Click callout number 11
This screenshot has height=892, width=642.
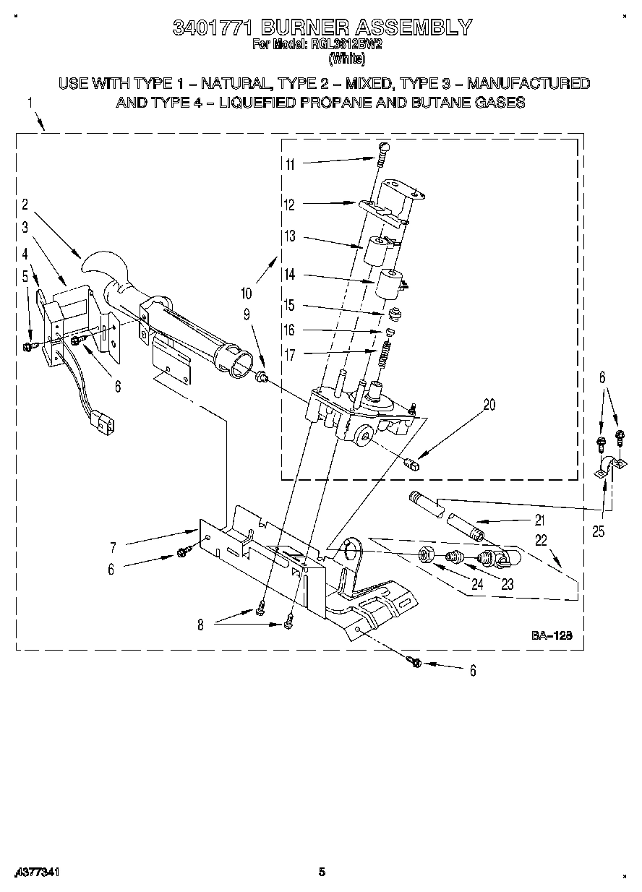[x=289, y=164]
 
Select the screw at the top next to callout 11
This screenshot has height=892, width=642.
[x=383, y=149]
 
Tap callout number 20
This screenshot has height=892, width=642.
[x=489, y=405]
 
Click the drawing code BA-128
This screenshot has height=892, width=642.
[x=552, y=636]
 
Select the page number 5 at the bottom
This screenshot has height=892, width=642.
[x=322, y=872]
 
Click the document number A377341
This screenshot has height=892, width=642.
[x=35, y=872]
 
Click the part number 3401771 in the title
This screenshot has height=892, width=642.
[x=213, y=27]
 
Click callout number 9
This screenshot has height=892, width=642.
[x=247, y=314]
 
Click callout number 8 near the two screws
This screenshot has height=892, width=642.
[x=200, y=625]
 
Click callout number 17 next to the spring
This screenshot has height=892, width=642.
[x=289, y=354]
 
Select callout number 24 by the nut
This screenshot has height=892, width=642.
[x=476, y=585]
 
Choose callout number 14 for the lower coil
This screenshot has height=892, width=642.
[x=289, y=275]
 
